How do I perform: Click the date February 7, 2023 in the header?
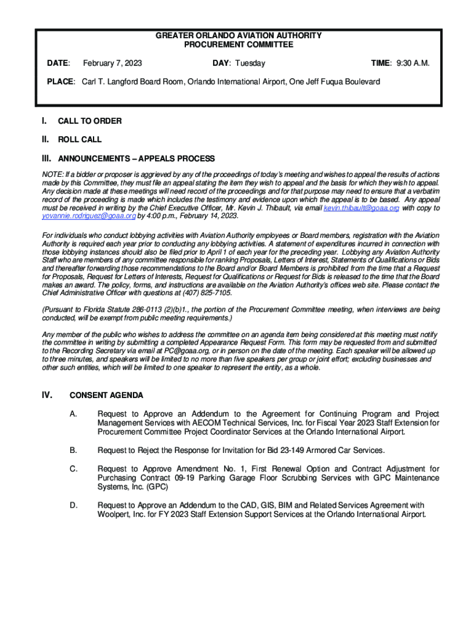pos(113,63)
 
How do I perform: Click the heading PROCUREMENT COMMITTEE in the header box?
pos(239,45)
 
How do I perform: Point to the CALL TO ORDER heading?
pos(90,121)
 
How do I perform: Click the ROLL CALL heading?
pos(80,139)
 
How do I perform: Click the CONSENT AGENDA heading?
pos(106,395)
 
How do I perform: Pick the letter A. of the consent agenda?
pos(73,413)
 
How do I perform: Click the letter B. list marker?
pos(73,450)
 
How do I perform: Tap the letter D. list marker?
pos(73,506)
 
